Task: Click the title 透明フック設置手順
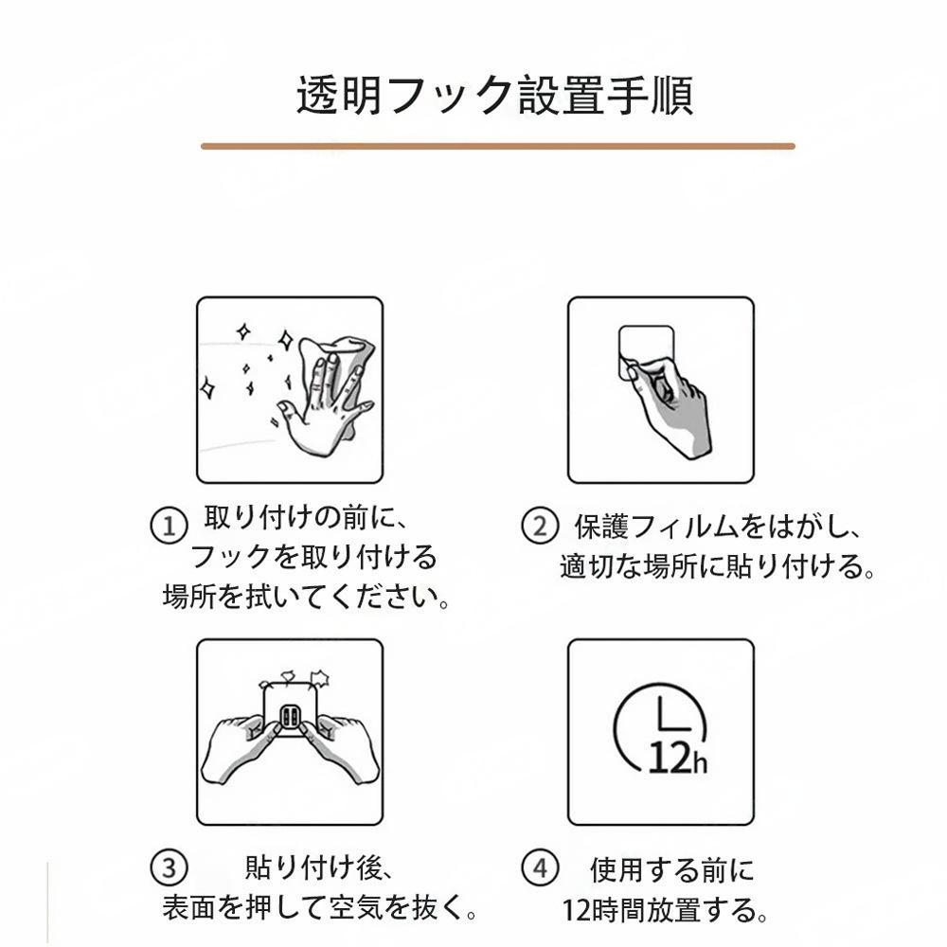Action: tap(494, 96)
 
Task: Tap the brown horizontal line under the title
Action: tap(498, 146)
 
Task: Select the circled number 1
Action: tap(169, 526)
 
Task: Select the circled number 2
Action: tap(540, 526)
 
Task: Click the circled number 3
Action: tap(169, 868)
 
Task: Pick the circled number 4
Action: tap(540, 868)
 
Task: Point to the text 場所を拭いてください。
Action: tap(306, 597)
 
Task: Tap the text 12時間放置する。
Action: tap(666, 910)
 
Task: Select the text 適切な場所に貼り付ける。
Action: tap(718, 566)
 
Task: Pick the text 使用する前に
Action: tap(672, 870)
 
